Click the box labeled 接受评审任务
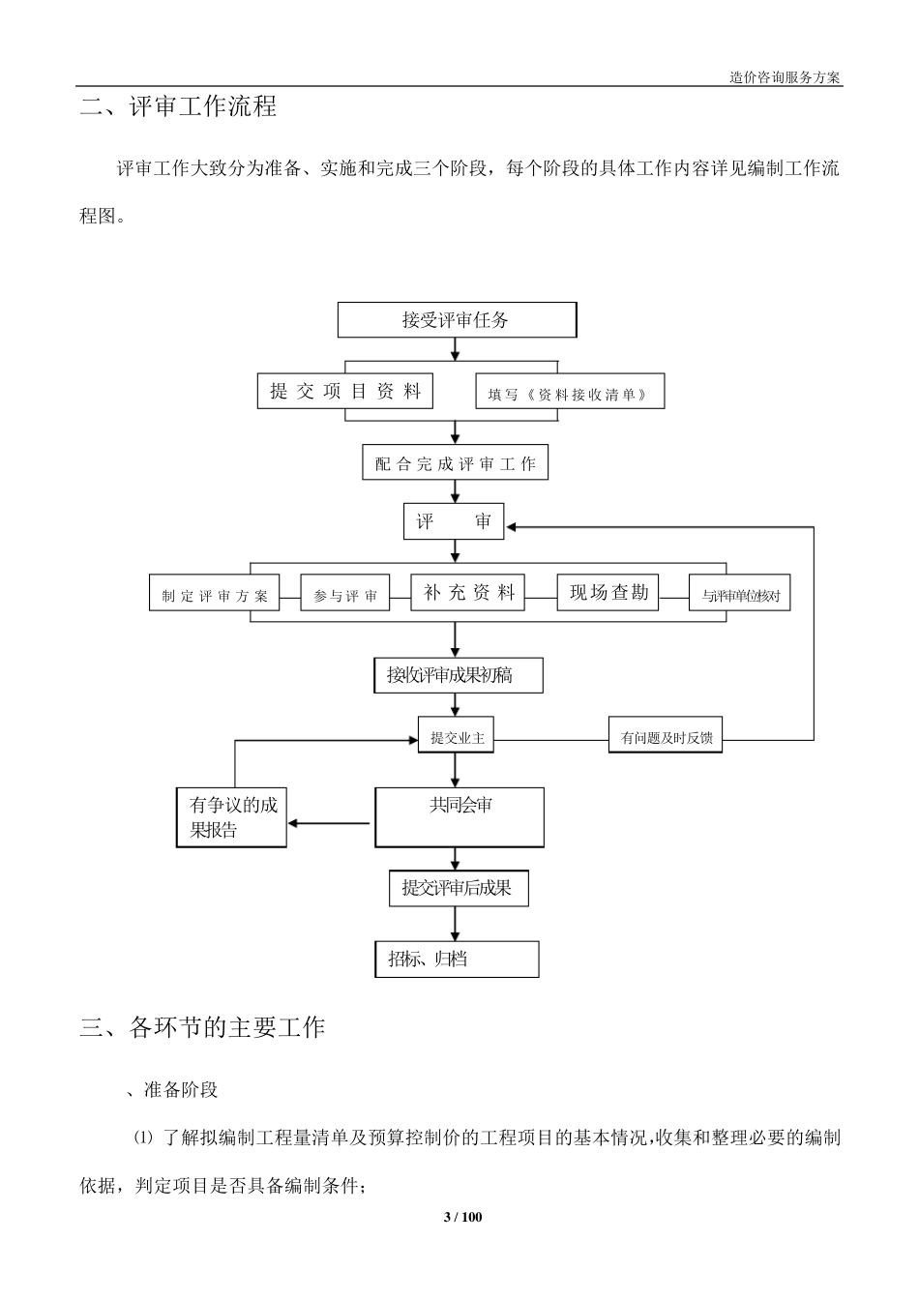[x=457, y=319]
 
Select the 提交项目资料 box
[x=345, y=391]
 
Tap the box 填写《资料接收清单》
[x=570, y=392]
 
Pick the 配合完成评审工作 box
[x=455, y=463]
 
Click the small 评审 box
[x=454, y=522]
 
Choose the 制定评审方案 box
[x=215, y=594]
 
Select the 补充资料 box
[x=468, y=593]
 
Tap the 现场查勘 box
[x=608, y=592]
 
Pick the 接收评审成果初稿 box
[x=459, y=675]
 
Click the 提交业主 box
[x=456, y=737]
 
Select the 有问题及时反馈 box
[x=666, y=737]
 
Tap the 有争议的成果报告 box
[x=231, y=817]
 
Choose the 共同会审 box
[x=459, y=817]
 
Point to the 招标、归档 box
[x=457, y=960]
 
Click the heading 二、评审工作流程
[x=179, y=106]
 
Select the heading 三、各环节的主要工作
[x=203, y=1026]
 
